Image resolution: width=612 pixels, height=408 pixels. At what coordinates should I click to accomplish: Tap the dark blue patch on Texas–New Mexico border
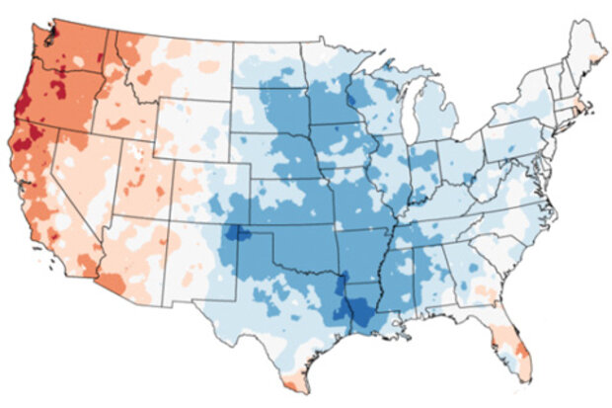pos(236,236)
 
